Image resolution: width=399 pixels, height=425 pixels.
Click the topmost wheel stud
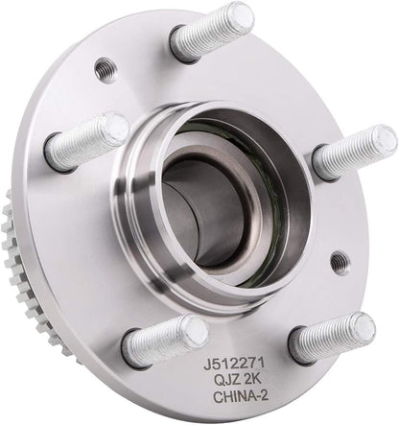pyautogui.click(x=212, y=34)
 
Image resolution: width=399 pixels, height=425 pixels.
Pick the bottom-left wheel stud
pyautogui.click(x=165, y=342)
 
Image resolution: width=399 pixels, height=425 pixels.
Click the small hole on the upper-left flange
pyautogui.click(x=106, y=69)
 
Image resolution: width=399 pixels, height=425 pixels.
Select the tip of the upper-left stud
pyautogui.click(x=114, y=126)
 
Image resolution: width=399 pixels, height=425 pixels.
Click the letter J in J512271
pyautogui.click(x=204, y=366)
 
